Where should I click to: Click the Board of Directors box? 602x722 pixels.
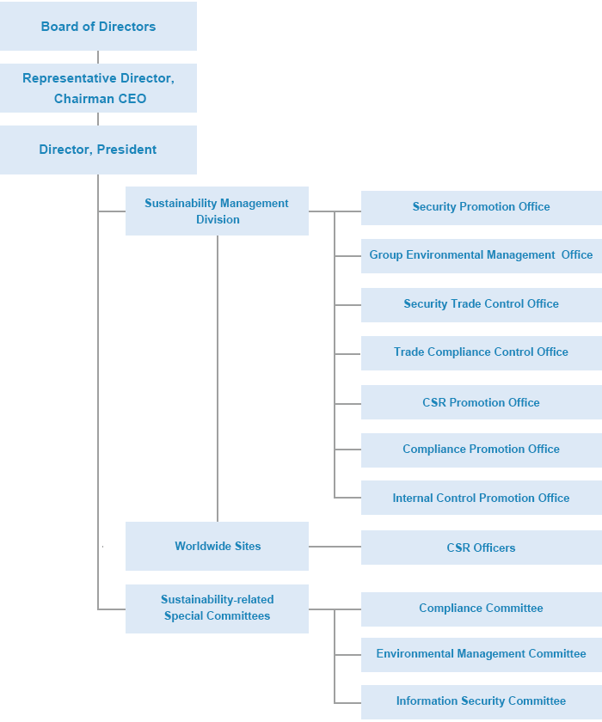[98, 27]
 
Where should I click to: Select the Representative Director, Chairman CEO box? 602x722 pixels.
[98, 88]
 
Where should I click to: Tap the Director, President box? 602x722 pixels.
[98, 150]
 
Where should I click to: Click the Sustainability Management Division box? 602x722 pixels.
[217, 211]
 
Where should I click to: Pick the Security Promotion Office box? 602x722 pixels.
[481, 207]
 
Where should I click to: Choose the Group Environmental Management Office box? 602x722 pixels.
[481, 255]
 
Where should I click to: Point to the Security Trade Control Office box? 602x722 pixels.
[481, 304]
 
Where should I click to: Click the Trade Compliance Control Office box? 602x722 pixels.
[481, 352]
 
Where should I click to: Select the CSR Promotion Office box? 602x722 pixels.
[481, 402]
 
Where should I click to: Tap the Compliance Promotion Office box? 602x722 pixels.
[481, 450]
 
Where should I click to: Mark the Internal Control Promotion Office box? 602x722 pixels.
[481, 499]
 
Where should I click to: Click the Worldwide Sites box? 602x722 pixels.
[217, 547]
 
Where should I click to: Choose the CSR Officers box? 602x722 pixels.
[481, 548]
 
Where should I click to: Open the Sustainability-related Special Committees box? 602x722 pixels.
[217, 609]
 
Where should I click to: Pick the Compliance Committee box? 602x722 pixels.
[481, 609]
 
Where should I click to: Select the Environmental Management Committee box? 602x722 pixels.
[481, 654]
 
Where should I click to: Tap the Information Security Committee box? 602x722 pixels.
[481, 701]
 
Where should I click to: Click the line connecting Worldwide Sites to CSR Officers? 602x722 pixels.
[335, 547]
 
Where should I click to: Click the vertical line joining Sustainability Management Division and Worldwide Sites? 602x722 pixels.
[218, 378]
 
